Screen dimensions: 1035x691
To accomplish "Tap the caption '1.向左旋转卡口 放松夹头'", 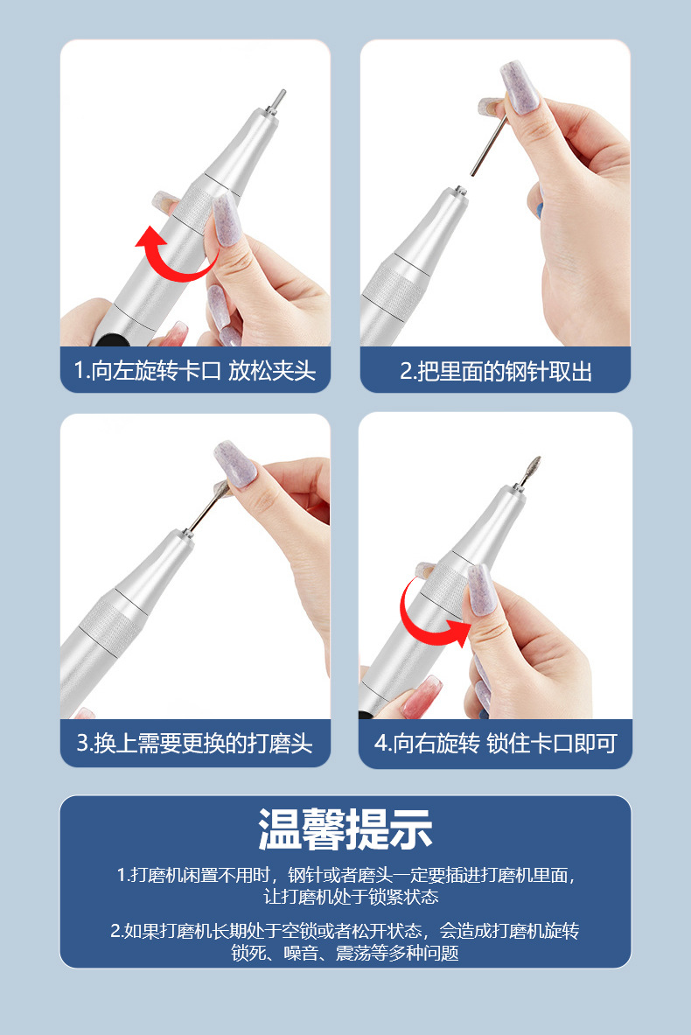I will pos(194,371).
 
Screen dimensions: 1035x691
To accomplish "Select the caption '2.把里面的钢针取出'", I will pos(495,371).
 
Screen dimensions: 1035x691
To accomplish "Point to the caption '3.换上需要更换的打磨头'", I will pos(194,744).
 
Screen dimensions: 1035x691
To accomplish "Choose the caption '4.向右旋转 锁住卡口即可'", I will pos(495,744).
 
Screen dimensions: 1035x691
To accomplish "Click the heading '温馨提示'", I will pos(345,829).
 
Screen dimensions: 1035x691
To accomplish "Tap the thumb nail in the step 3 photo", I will pos(234,465).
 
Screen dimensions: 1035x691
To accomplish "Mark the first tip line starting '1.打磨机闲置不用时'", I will pos(345,876).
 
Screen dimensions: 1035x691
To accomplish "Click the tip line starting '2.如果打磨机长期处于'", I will pos(345,931).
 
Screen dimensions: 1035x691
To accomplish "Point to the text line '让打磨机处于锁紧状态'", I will pos(345,897).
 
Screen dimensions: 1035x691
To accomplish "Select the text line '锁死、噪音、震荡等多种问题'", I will pos(345,953).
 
